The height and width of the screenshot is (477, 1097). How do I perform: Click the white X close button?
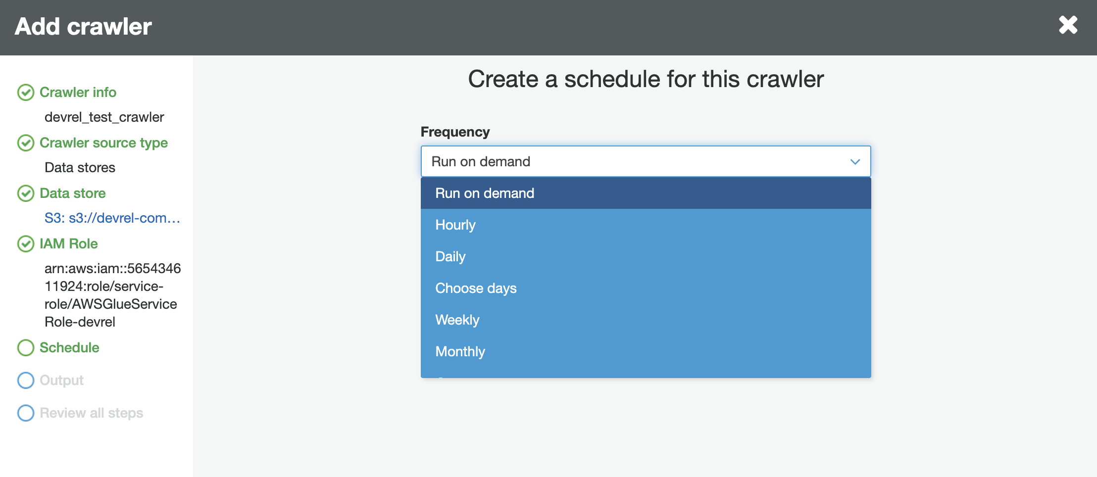1068,25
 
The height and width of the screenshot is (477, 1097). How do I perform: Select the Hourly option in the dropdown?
455,225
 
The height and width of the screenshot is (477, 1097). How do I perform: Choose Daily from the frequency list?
450,256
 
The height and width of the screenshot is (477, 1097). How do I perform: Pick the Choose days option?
475,288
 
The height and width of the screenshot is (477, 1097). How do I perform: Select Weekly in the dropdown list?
457,320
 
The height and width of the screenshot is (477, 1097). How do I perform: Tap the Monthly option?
460,351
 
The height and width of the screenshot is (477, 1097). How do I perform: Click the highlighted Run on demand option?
484,193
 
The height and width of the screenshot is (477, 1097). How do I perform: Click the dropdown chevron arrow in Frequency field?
855,162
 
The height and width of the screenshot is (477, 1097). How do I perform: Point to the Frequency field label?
454,132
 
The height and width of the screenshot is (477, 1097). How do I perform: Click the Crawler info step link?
78,92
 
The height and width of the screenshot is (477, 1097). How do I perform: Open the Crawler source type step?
103,143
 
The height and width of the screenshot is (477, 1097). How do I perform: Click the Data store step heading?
72,193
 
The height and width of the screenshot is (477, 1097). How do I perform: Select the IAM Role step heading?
68,243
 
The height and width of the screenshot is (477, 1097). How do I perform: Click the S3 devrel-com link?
112,218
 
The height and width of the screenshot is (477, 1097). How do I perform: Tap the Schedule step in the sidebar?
69,347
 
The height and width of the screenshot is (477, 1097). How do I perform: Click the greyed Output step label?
61,380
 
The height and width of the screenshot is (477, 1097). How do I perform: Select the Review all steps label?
91,413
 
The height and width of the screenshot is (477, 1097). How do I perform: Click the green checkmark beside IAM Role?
26,243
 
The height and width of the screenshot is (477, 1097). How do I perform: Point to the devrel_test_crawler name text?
104,117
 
